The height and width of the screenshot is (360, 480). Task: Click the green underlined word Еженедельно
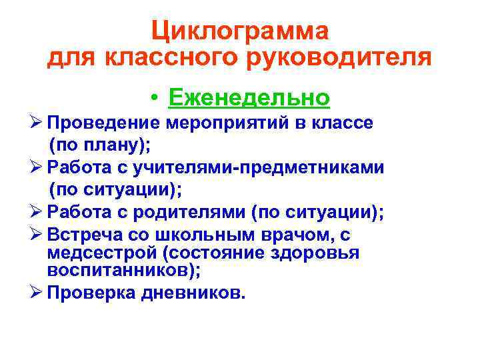[249, 98]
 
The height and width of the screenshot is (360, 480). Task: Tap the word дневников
[193, 293]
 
